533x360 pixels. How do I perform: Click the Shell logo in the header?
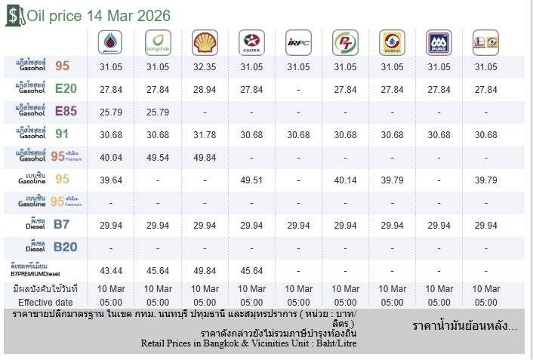tap(204, 42)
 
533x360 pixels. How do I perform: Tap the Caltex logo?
tap(251, 42)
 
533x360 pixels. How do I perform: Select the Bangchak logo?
tap(157, 42)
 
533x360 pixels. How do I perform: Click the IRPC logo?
tap(297, 42)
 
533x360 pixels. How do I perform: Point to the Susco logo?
tap(391, 42)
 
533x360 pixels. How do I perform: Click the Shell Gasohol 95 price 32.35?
tap(205, 67)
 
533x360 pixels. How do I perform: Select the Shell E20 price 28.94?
tap(205, 90)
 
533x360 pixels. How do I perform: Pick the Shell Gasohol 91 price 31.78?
tap(205, 135)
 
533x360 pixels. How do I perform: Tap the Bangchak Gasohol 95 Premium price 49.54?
tap(158, 157)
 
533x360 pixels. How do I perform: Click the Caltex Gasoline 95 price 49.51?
tap(251, 180)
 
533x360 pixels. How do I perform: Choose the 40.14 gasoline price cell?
tap(345, 180)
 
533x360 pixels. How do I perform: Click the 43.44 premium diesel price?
tap(111, 270)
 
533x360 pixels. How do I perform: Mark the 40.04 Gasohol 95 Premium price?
tap(111, 157)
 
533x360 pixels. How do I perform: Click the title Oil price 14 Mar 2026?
tap(98, 16)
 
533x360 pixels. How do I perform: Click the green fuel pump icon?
tap(14, 16)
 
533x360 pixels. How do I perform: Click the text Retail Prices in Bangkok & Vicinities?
tap(249, 343)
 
